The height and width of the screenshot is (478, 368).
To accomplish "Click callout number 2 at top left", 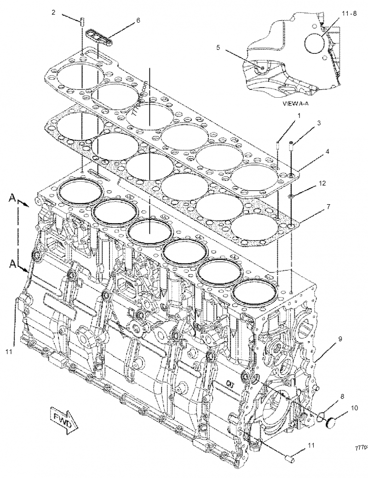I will click(53, 13).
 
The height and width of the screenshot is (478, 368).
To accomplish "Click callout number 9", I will click(340, 338).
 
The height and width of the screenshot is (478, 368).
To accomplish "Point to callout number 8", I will click(342, 395).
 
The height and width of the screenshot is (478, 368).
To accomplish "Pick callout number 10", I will click(354, 408).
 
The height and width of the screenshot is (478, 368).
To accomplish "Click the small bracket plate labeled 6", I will click(99, 37).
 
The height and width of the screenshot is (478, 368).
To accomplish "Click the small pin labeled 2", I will click(81, 21).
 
